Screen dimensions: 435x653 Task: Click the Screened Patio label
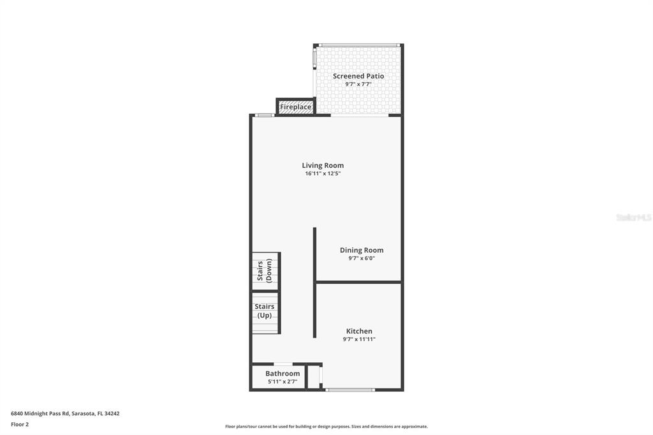[x=358, y=76]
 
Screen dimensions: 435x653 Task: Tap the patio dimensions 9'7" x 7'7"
[x=358, y=84]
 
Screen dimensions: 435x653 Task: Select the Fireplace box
[x=296, y=107]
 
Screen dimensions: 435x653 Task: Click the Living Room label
[x=323, y=165]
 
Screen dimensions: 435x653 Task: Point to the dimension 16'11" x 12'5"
[x=323, y=173]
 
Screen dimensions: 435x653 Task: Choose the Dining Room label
[x=362, y=250]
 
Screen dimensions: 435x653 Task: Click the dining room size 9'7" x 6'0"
[x=362, y=258]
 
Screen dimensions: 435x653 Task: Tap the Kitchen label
[x=359, y=331]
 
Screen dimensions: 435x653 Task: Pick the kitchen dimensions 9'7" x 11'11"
[x=359, y=339]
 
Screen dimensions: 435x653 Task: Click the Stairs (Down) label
[x=265, y=270]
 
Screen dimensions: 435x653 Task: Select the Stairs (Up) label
[x=264, y=311]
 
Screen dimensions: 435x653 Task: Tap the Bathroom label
[x=282, y=373]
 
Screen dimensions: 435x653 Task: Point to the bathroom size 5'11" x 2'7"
[x=282, y=381]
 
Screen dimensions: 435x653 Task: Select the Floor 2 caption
[x=20, y=424]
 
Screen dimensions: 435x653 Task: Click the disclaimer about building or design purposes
[x=326, y=427]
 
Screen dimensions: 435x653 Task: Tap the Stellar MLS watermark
[x=633, y=217]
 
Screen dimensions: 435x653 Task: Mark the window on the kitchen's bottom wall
[x=350, y=389]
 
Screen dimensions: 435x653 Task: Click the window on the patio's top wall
[x=358, y=45]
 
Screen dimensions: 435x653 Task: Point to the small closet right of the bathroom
[x=313, y=376]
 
